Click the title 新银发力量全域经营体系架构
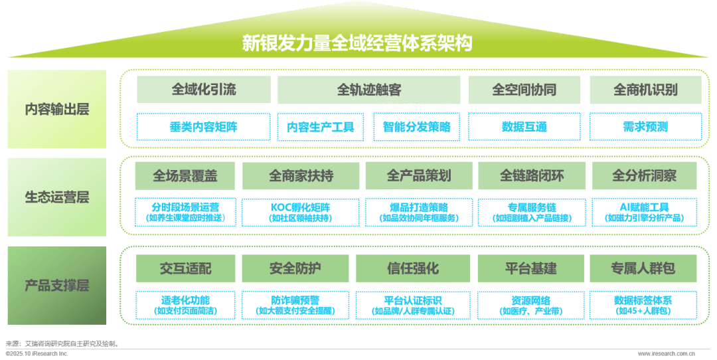point(357,44)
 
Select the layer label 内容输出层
point(57,110)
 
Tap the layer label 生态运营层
point(57,197)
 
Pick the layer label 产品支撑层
point(57,286)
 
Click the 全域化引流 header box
point(204,89)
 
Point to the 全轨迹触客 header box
point(368,89)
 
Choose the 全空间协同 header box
point(524,89)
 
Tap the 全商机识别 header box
point(645,89)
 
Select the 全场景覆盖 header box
point(185,176)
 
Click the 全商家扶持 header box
point(301,176)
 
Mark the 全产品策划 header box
point(418,176)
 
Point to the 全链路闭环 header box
point(532,176)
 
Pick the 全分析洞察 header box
point(645,176)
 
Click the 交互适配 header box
point(185,268)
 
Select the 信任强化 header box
point(413,268)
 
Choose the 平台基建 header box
point(531,268)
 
